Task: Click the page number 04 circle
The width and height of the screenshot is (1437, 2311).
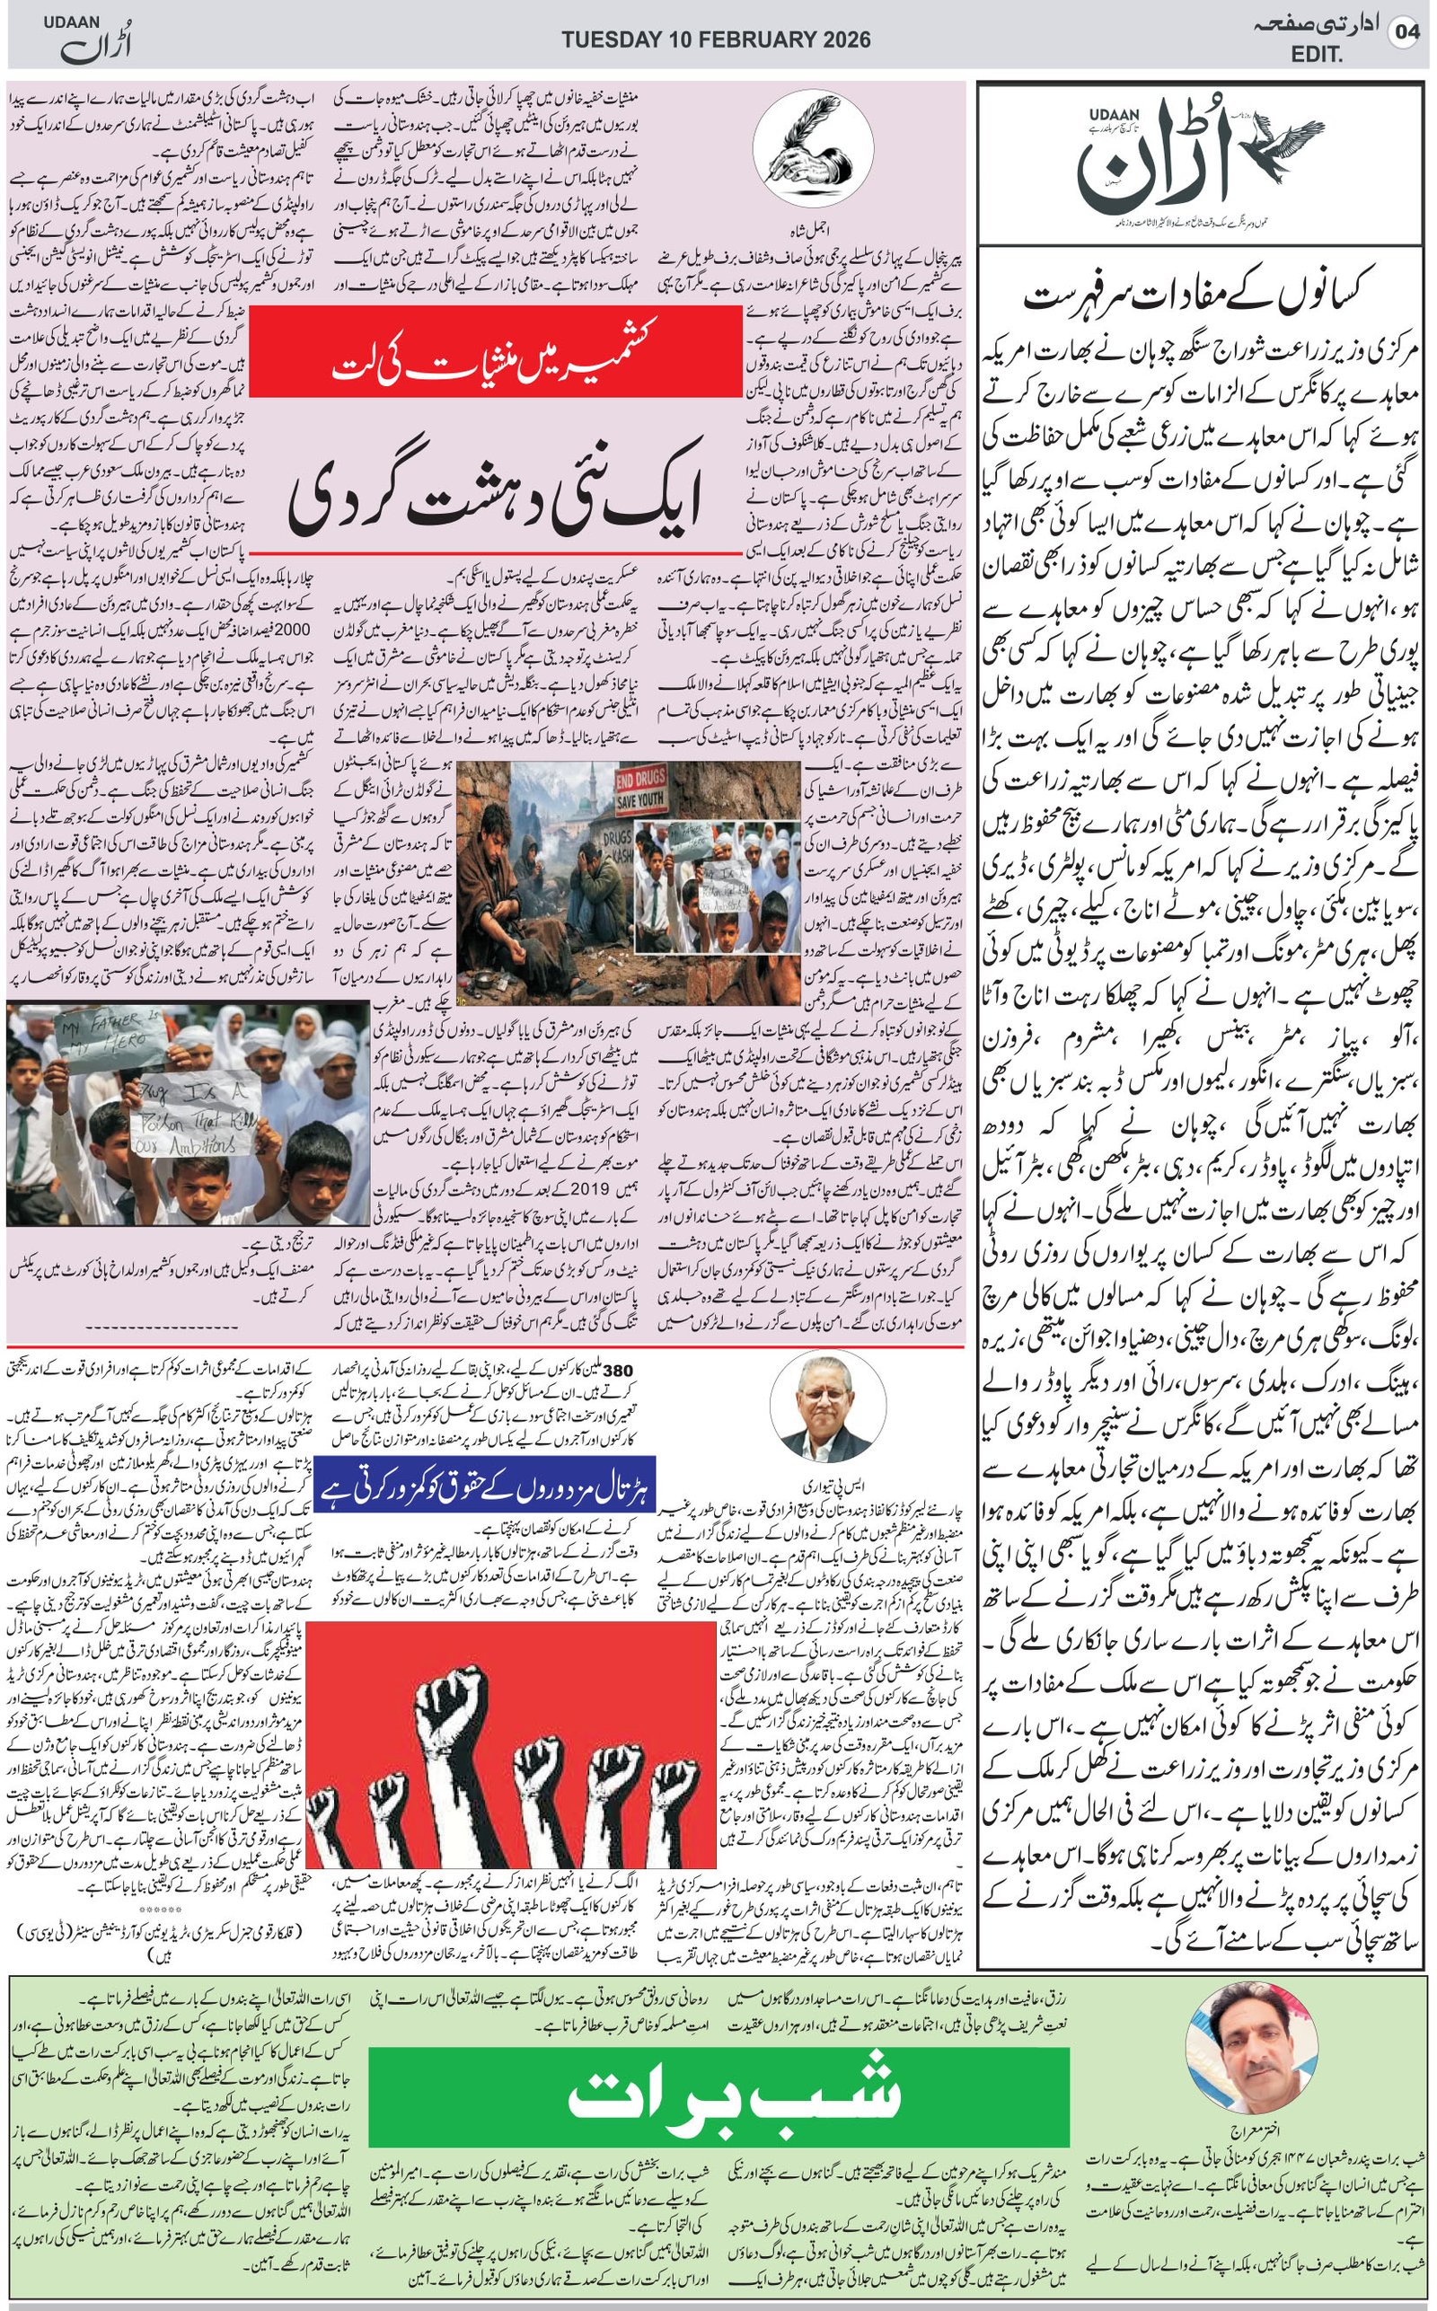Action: (1406, 31)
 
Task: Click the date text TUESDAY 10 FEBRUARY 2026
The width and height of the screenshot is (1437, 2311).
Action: (716, 40)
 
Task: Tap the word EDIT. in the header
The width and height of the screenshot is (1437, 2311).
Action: (1317, 55)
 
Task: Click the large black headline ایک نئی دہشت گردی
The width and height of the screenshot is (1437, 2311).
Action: (495, 496)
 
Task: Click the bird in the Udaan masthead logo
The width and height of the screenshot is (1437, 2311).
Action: (1283, 143)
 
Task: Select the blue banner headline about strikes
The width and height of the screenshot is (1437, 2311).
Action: (484, 1484)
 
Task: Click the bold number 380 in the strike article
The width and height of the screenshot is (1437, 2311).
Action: (617, 1371)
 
